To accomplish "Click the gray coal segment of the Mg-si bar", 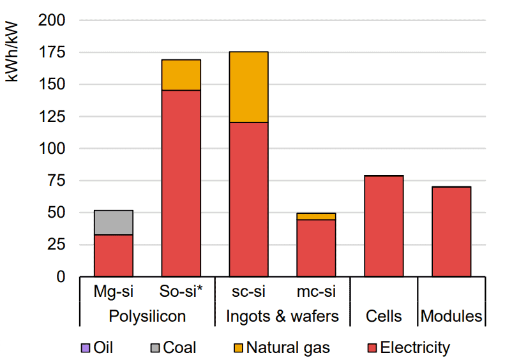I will coord(114,222).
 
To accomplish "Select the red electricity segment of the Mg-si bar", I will coord(114,255).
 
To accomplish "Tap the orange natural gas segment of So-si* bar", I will coord(181,75).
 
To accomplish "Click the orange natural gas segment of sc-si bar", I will coord(248,87).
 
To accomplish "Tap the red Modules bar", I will coord(451,232).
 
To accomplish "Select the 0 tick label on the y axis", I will coord(61,277).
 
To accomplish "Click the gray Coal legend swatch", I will coord(155,348).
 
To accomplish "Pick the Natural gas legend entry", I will coord(283,348).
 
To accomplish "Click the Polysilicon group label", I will coord(147,316).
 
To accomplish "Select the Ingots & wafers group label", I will coord(282,316).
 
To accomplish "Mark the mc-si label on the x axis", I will coord(316,293).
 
